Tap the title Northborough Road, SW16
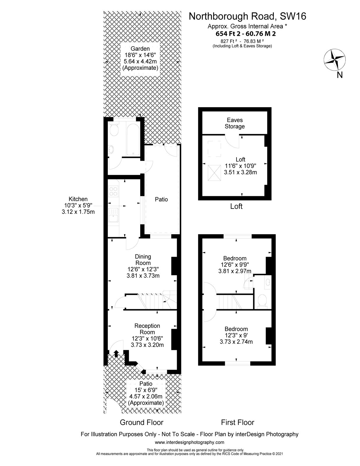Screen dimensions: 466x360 coord(248,16)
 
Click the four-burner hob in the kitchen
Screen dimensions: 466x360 coord(113,191)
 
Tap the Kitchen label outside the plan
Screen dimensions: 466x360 coord(78,205)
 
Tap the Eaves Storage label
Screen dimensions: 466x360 coord(234,123)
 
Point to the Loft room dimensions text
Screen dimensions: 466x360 coord(240,169)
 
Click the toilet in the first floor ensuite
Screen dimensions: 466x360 coord(262,301)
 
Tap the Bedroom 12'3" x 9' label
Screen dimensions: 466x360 coord(236,335)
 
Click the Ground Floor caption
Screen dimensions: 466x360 coord(142,422)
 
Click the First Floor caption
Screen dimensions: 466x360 coord(237,422)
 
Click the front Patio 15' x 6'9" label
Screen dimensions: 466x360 coord(146,393)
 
